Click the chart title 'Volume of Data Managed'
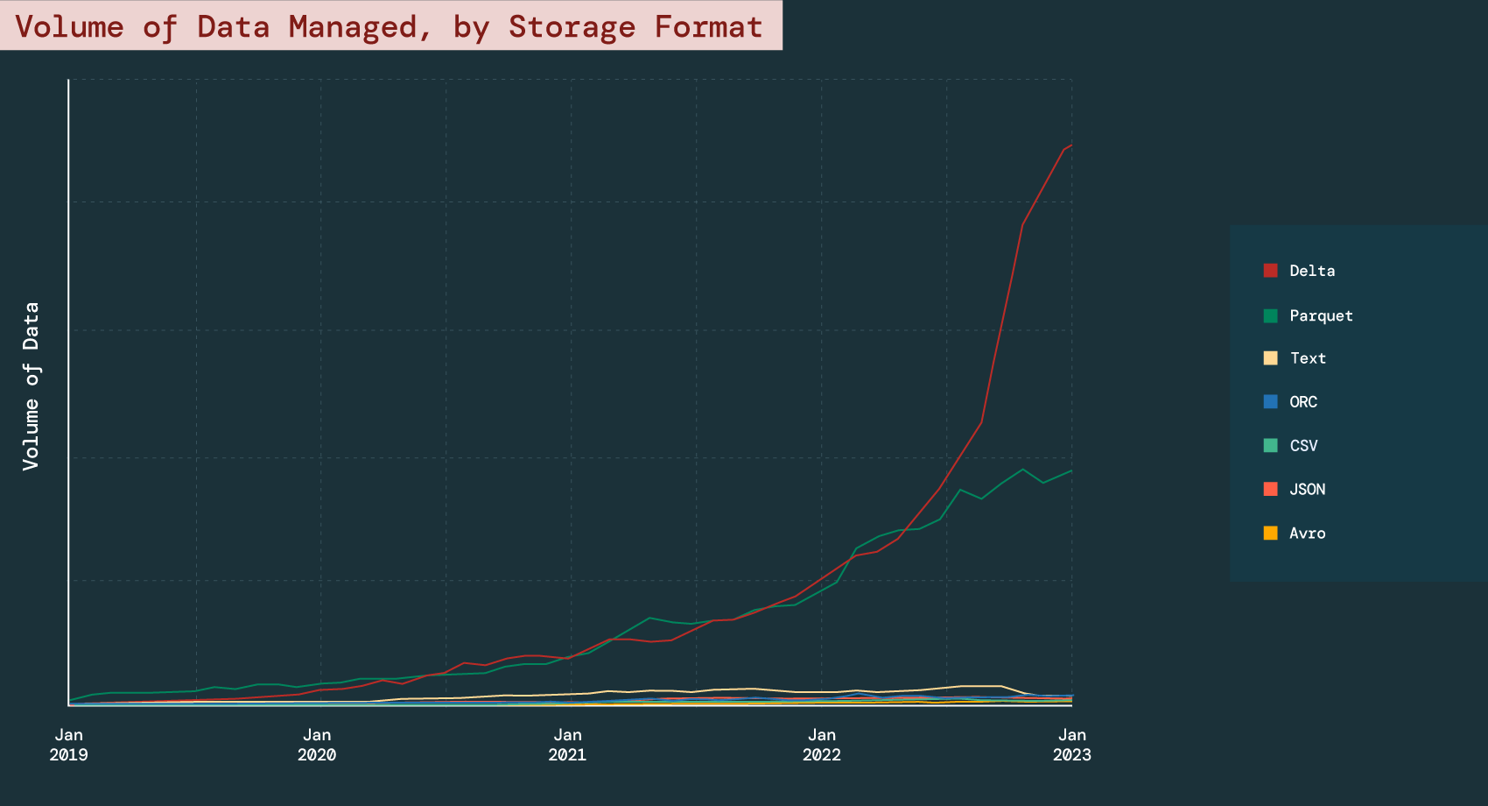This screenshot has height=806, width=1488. click(x=389, y=26)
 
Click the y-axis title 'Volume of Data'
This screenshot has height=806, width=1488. click(x=32, y=386)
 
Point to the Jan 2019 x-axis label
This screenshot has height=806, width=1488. click(x=68, y=745)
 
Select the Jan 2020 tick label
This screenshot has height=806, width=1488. click(x=317, y=745)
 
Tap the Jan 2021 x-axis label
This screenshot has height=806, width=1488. click(x=567, y=745)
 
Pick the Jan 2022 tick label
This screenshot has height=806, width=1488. click(x=821, y=745)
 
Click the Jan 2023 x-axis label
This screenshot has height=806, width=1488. click(x=1071, y=745)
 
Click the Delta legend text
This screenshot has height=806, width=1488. click(x=1312, y=271)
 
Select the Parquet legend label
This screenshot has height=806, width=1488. click(x=1321, y=315)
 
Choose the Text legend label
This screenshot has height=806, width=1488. click(x=1308, y=358)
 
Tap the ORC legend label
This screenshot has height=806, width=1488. click(x=1303, y=402)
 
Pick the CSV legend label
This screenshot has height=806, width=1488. click(x=1303, y=446)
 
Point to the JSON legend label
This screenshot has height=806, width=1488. click(x=1307, y=490)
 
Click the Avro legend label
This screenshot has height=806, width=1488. click(x=1307, y=534)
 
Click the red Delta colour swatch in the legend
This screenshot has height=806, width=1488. click(x=1270, y=271)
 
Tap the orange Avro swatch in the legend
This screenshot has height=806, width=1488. click(x=1270, y=533)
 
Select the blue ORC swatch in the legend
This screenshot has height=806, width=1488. click(x=1270, y=402)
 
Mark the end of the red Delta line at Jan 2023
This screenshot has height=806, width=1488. click(x=1071, y=145)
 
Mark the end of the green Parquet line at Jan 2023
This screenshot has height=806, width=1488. click(x=1071, y=470)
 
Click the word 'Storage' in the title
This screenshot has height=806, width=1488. click(x=572, y=26)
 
